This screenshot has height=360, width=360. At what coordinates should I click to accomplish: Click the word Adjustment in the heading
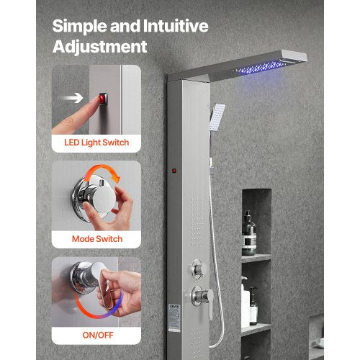coord(100,48)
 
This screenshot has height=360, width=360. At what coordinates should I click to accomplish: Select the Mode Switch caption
coord(96,238)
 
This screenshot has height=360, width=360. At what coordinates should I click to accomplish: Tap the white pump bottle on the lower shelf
coord(253,305)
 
